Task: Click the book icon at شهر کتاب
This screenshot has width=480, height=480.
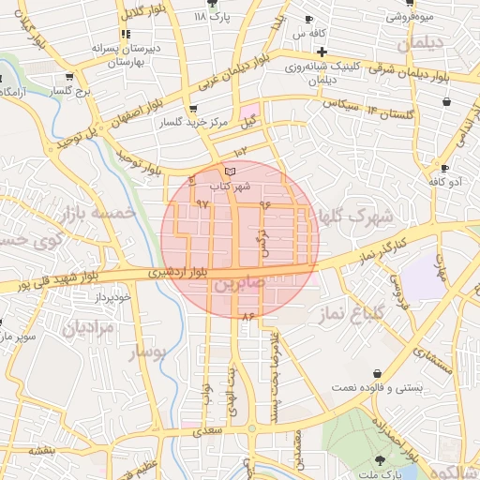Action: point(230,172)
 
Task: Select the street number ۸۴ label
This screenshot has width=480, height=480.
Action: point(248,318)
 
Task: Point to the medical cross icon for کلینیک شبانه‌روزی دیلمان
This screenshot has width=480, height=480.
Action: point(322,52)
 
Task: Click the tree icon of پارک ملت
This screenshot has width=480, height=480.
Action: point(380,459)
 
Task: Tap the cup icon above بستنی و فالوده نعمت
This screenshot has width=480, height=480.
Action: point(377,373)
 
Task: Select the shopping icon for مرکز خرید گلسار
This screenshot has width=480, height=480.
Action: point(192,109)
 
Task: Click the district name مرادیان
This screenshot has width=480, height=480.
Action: point(88,328)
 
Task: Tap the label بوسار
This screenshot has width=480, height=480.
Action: point(145,352)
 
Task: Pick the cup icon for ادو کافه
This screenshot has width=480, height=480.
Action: point(443,169)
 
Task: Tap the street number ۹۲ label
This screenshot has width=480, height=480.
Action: point(202,203)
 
